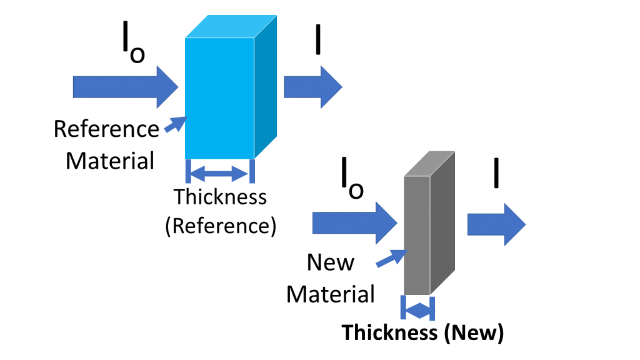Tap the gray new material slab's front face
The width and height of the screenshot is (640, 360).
pos(417,234)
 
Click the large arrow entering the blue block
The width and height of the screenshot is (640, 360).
pos(125,87)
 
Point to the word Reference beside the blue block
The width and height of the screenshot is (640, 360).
pos(106,129)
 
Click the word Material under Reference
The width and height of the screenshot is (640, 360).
pos(110,161)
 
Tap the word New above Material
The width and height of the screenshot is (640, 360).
pos(330,262)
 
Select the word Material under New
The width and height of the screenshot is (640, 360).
pos(331,293)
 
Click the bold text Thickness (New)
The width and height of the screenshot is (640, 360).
pos(422,333)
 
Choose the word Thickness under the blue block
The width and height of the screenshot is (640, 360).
pos(220,197)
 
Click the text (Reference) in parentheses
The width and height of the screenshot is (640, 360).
pos(220,225)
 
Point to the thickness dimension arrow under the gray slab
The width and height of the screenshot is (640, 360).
pos(417,308)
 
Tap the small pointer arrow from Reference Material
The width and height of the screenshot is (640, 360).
pos(175,124)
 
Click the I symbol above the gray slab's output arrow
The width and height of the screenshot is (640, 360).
pos(496,172)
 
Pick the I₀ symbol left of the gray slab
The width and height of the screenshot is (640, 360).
pos(351,181)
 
